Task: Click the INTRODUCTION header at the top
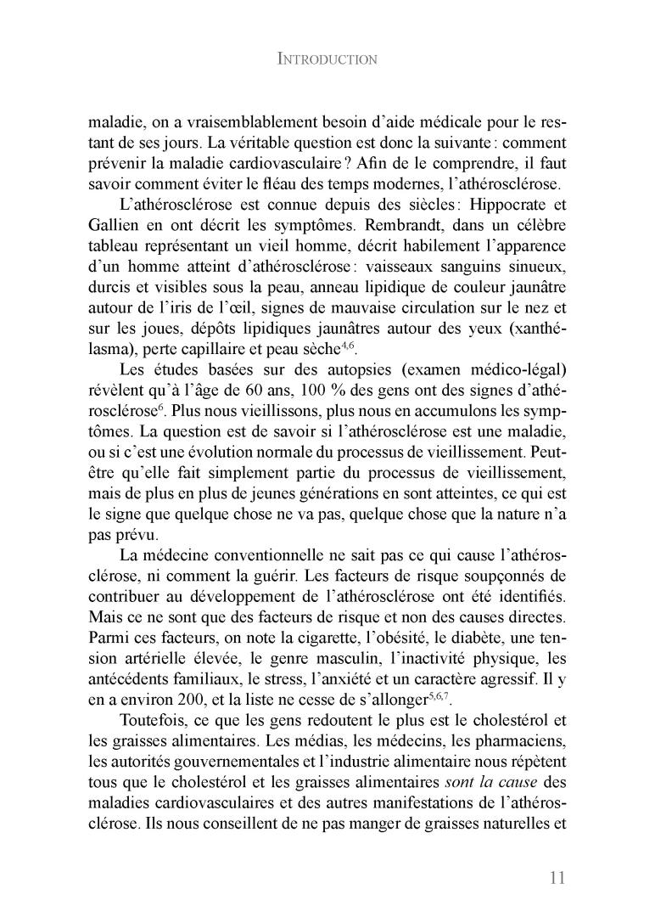pyautogui.click(x=327, y=59)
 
